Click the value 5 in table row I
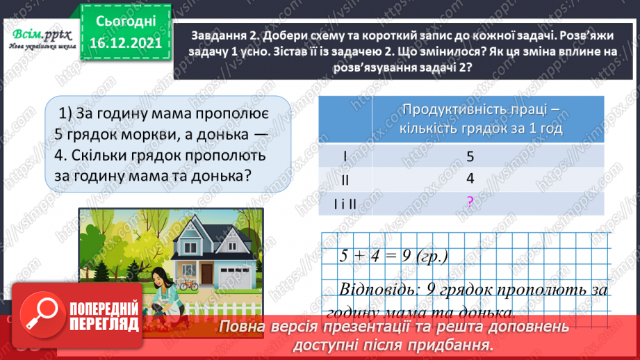470,156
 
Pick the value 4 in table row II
470,179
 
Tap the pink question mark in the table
470,202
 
